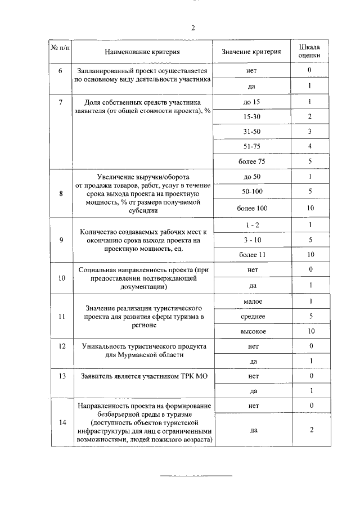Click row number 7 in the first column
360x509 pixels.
61,102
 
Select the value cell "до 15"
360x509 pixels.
251,102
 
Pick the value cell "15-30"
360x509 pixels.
251,116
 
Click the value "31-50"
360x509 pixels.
251,132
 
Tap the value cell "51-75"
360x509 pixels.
251,146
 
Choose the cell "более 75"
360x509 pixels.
251,161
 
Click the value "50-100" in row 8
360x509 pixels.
251,191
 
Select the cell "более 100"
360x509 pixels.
251,209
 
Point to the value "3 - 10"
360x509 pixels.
251,240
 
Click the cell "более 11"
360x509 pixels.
251,255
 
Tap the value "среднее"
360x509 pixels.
251,317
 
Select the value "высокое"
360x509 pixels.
251,332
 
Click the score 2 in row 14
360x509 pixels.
309,430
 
